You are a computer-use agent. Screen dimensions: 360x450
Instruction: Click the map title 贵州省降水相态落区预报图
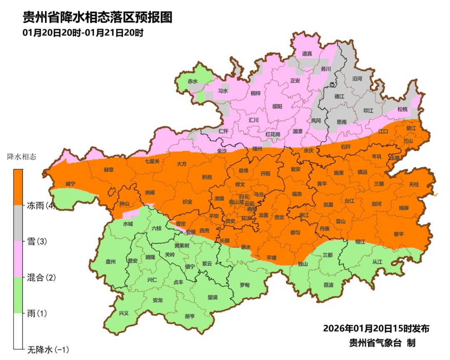[x=97, y=17]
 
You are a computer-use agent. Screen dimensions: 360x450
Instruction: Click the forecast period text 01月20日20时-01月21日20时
[x=83, y=33]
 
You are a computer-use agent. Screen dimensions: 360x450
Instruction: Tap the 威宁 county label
[x=70, y=184]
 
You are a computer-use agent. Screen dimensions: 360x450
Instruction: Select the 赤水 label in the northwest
[x=192, y=81]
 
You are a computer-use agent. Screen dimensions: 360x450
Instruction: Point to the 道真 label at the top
[x=307, y=53]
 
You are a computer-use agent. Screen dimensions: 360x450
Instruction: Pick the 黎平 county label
[x=398, y=234]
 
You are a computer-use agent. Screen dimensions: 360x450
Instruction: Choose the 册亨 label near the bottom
[x=190, y=316]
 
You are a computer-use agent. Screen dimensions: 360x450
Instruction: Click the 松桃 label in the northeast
[x=402, y=109]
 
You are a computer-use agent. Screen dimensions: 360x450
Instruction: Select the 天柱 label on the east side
[x=414, y=184]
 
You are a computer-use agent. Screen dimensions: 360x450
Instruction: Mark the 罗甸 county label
[x=245, y=285]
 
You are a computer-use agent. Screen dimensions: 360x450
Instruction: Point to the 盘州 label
[x=110, y=262]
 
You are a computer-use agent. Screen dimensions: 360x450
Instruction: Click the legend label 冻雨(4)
[x=41, y=205]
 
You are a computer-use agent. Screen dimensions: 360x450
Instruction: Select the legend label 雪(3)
[x=37, y=241]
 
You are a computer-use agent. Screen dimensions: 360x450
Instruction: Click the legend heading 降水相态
[x=22, y=157]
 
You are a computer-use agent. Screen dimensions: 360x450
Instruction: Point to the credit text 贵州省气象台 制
[x=382, y=343]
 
